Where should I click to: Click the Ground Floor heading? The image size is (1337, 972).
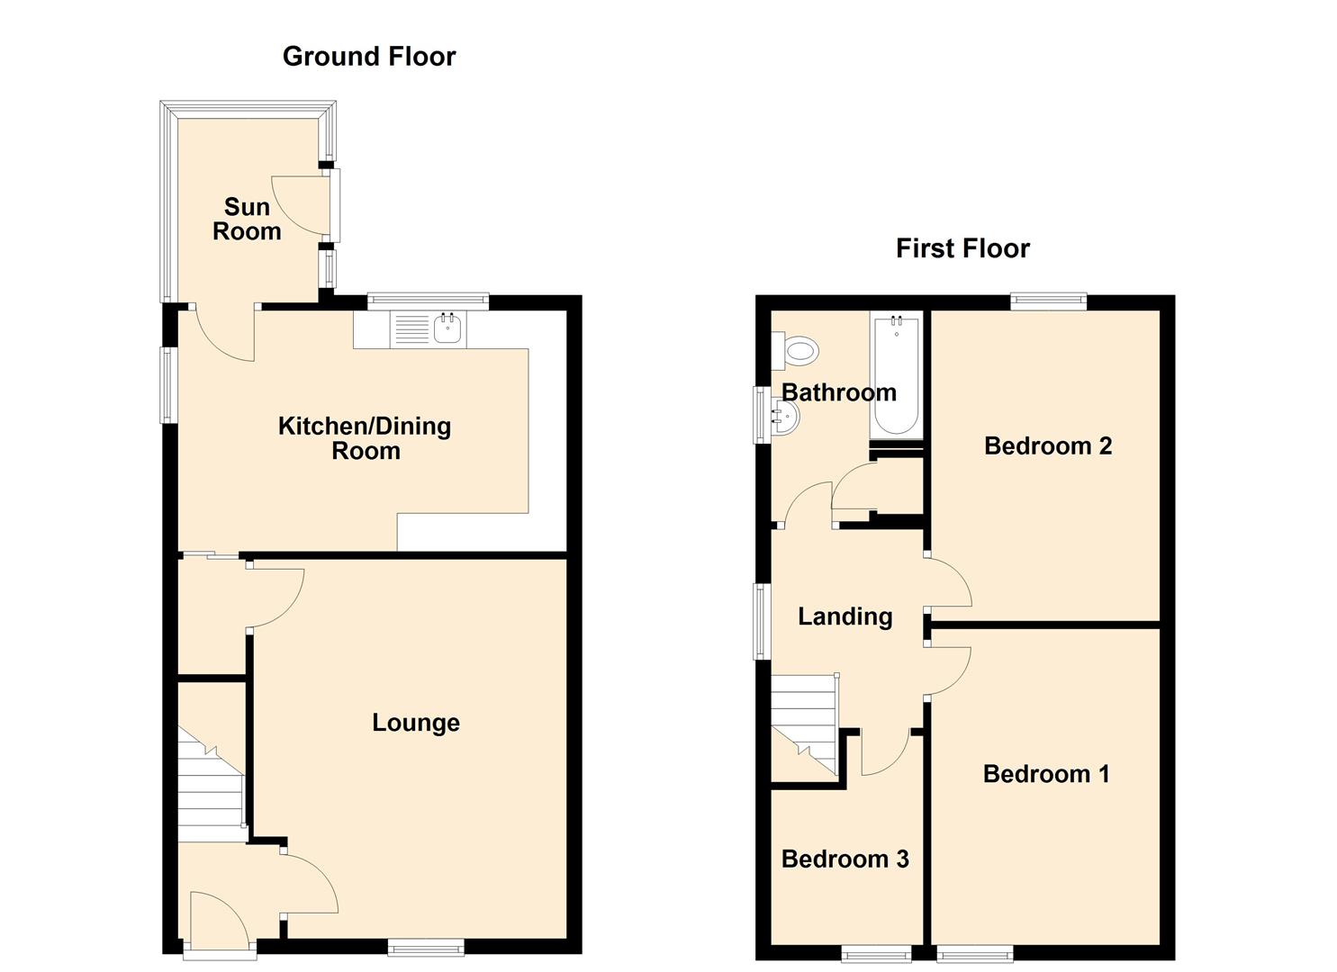369,57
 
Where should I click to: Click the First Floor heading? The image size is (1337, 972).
962,248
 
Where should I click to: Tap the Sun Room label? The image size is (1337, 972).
247,219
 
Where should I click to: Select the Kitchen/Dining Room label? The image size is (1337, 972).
365,438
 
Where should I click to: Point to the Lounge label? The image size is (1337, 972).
416,723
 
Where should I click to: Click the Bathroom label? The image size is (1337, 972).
839,392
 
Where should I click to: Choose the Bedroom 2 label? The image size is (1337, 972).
1048,445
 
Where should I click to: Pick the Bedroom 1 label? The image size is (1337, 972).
1046,774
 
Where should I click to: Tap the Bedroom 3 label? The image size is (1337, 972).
845,859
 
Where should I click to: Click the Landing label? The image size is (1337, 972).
845,616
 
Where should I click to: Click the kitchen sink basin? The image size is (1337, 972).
447,329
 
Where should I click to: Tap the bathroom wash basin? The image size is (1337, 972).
785,417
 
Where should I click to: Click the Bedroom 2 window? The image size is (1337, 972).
1049,301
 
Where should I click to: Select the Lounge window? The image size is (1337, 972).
426,947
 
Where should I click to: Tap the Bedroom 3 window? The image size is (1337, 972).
876,954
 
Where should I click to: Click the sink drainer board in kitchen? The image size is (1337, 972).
411,330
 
